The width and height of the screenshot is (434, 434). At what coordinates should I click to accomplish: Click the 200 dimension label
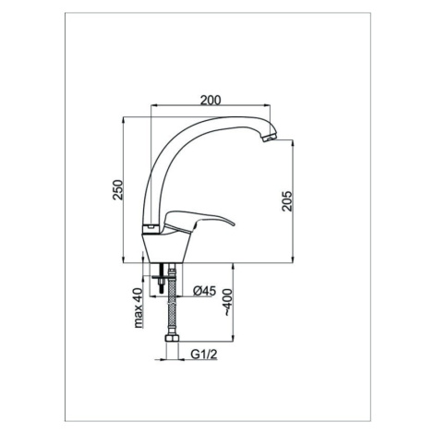[211, 101]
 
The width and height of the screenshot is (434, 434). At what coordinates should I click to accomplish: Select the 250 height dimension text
[118, 189]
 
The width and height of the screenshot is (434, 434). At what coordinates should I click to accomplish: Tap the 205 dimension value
[286, 200]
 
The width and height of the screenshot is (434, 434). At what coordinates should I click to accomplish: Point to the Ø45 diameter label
[205, 291]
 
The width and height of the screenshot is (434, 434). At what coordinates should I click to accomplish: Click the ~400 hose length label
[227, 303]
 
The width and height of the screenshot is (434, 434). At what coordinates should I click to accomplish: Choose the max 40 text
[139, 307]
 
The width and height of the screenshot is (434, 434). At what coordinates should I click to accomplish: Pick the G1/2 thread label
[204, 355]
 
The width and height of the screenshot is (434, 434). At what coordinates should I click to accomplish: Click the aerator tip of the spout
[270, 138]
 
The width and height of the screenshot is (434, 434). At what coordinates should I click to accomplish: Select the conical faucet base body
[166, 247]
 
